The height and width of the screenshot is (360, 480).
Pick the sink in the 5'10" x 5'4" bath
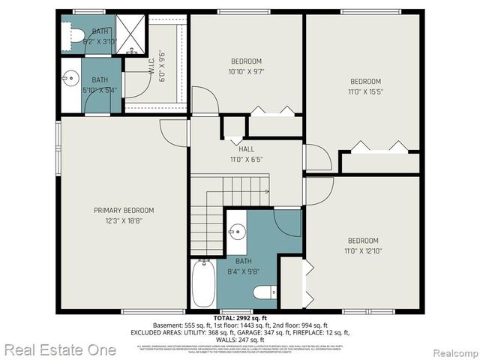point(71,77)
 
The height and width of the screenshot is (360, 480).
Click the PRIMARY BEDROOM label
point(124,211)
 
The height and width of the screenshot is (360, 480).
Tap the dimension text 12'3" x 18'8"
point(124,221)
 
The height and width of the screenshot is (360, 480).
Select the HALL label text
point(246,149)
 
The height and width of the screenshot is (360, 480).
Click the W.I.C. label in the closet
point(152,71)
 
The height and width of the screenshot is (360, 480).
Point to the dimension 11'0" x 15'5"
point(366,91)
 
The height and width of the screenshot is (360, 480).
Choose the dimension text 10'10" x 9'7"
point(246,71)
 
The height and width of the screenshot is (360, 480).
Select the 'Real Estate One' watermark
point(60,349)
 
